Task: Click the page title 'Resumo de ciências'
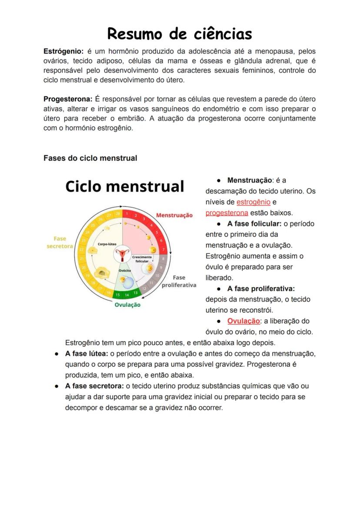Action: pos(180,33)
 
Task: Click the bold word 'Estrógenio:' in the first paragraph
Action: pos(63,51)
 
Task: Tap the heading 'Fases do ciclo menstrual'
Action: pos(90,158)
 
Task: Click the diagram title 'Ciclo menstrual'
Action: pos(125,186)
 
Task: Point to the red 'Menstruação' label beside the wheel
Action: pos(174,215)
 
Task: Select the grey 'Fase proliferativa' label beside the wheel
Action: pos(179,281)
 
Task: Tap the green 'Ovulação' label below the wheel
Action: pos(127,305)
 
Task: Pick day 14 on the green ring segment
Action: pos(127,295)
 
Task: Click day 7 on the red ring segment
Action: pos(163,250)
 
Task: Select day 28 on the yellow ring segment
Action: pos(117,214)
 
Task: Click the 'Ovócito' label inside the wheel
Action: pos(125,270)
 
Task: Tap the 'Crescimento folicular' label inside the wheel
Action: pos(142,259)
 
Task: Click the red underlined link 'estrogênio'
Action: pos(253,202)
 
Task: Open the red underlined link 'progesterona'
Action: pos(227,213)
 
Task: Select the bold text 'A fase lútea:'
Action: pos(87,353)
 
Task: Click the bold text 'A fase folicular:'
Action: pos(254,224)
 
